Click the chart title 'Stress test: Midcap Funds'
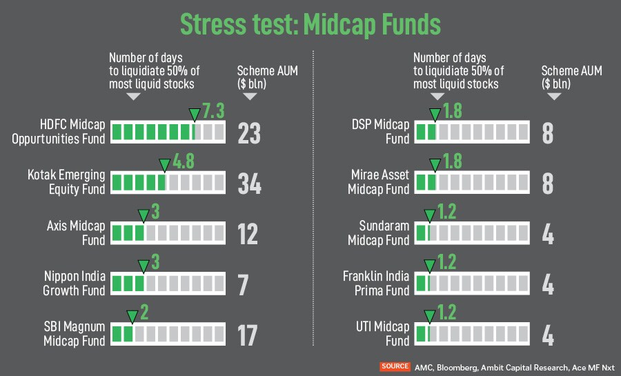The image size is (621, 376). (x=310, y=23)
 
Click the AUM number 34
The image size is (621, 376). (x=249, y=183)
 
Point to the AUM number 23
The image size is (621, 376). (x=249, y=132)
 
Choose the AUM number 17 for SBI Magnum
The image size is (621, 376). (x=247, y=335)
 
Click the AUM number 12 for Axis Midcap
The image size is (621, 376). (x=248, y=234)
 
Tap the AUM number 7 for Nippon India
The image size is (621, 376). (x=243, y=284)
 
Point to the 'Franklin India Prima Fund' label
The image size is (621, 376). (x=376, y=284)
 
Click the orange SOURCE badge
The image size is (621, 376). (x=395, y=366)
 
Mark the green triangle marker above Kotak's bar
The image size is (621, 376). (x=164, y=166)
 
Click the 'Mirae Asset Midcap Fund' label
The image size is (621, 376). (x=379, y=182)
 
